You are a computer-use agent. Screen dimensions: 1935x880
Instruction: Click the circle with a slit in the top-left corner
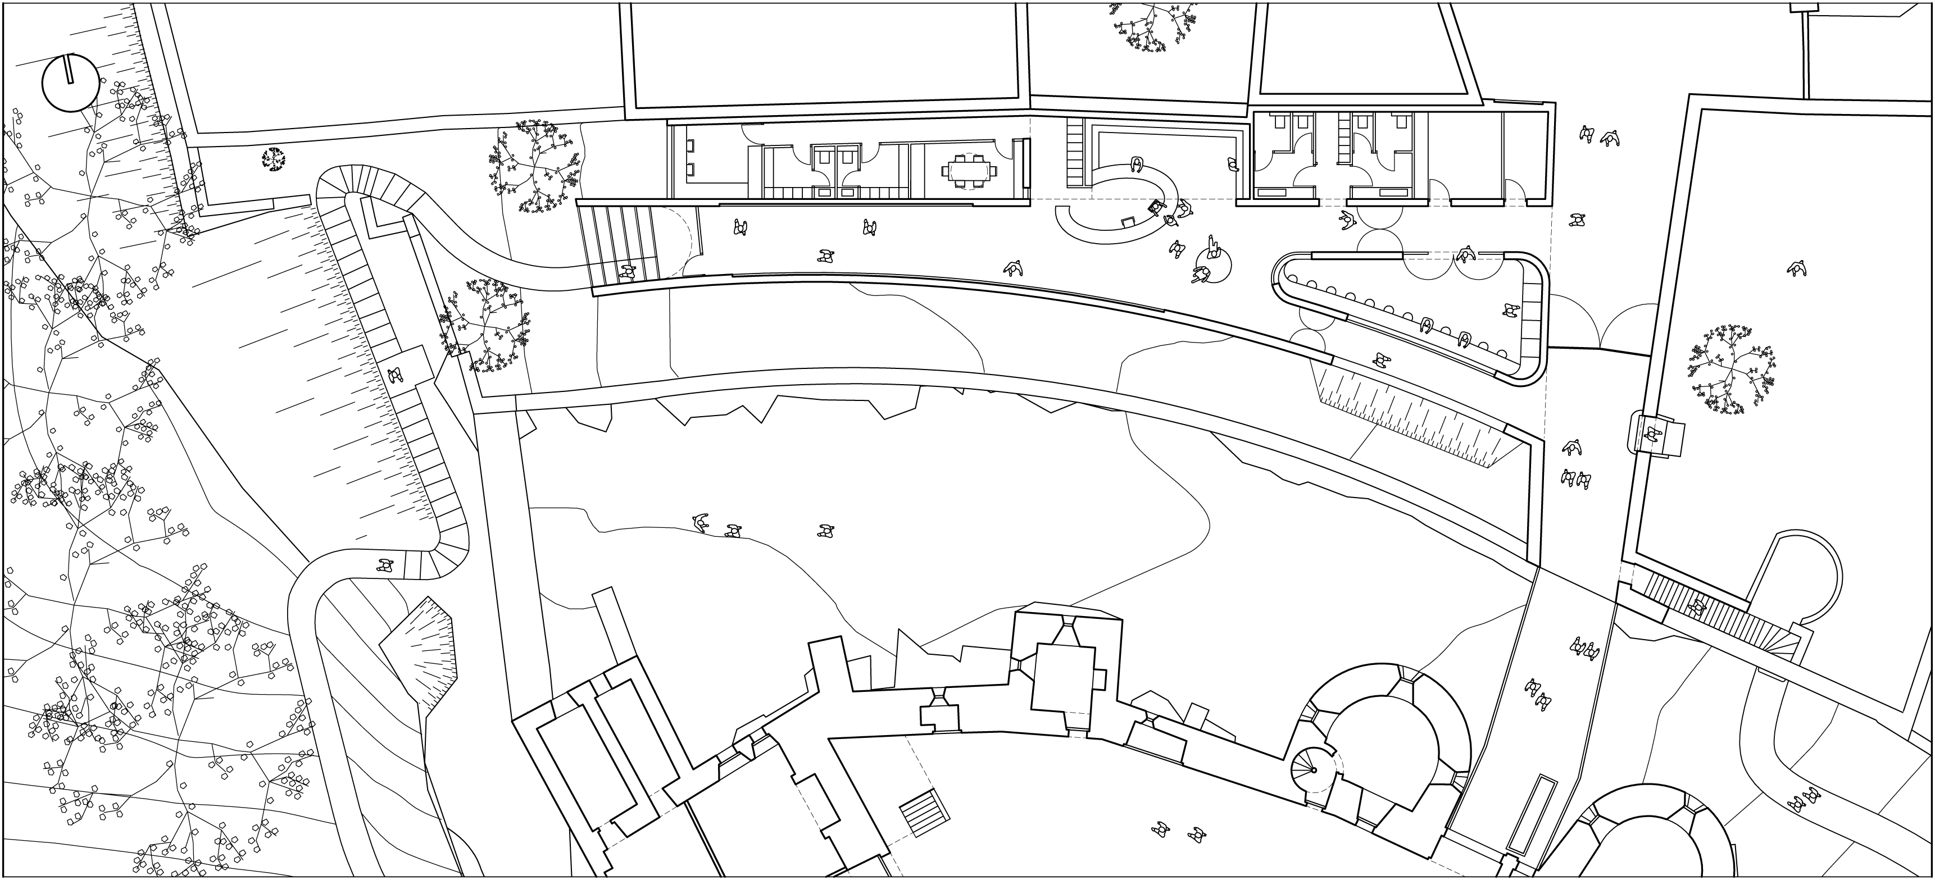coord(70,83)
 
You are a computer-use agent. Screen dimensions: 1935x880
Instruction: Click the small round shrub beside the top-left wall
coord(274,159)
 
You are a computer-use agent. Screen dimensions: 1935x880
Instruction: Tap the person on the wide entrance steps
coord(627,272)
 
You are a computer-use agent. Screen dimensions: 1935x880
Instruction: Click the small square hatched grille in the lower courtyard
coord(924,813)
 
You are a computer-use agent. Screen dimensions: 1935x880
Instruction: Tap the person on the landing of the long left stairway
coord(396,375)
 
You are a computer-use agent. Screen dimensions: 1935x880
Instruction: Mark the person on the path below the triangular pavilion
coord(1379,361)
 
